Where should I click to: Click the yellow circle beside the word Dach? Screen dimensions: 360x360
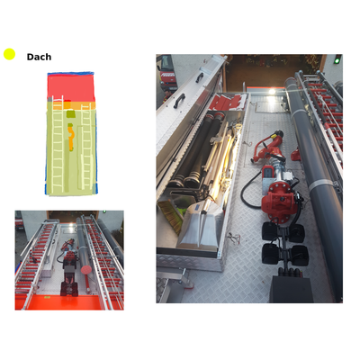coord(9,54)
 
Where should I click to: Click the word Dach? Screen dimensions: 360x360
coord(39,57)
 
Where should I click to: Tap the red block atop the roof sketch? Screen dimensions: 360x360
coord(71,87)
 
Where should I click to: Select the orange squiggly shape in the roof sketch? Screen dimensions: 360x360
coord(71,139)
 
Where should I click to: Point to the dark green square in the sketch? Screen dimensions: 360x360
coord(71,114)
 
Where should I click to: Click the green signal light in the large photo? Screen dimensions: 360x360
coord(337,60)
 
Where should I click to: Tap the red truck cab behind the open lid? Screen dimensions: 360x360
coord(166,74)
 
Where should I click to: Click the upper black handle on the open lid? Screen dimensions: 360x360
coord(200,77)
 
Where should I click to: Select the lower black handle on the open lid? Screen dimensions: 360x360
coord(179,101)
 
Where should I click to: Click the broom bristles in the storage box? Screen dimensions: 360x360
coord(169,216)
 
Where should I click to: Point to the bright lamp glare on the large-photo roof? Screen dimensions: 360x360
coord(272,92)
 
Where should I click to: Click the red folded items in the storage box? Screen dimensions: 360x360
coord(229,103)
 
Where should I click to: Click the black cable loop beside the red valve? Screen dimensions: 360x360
coord(250,192)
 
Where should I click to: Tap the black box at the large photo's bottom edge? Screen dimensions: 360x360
coord(291,290)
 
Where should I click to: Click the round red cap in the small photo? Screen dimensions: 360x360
coord(85,269)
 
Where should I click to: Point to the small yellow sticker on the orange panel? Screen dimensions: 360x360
coord(47,297)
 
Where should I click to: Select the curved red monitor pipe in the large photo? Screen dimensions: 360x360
coord(268,147)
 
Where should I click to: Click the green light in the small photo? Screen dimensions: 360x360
coord(104,211)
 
